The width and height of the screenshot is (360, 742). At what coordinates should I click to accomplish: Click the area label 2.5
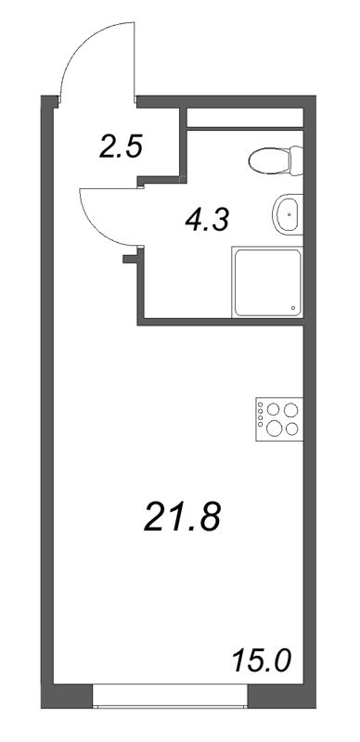(122, 147)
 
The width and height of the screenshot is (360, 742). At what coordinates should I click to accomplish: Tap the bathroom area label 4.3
(209, 220)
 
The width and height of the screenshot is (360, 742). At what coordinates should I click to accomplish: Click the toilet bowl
(270, 163)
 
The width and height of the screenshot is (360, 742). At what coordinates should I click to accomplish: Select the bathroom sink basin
(289, 214)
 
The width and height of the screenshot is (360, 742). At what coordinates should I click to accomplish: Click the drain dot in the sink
(291, 214)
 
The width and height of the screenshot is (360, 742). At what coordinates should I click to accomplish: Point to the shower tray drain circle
(293, 309)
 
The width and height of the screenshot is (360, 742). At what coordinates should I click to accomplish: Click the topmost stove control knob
(261, 405)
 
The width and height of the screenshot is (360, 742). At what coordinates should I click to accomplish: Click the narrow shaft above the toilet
(246, 118)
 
